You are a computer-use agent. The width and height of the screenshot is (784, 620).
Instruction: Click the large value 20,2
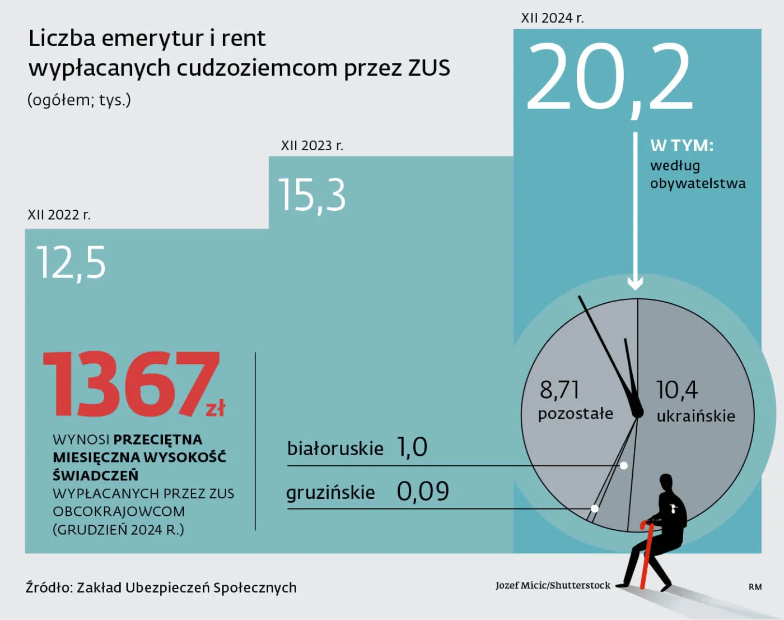click(x=609, y=77)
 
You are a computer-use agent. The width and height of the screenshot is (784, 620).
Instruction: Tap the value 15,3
click(x=312, y=196)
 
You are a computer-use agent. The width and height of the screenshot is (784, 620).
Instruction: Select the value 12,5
click(x=71, y=262)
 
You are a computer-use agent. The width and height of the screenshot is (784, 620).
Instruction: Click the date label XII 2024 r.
click(x=552, y=18)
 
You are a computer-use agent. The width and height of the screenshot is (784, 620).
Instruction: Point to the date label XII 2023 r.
click(x=312, y=146)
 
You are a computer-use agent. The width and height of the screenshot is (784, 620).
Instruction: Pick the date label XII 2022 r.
click(x=59, y=215)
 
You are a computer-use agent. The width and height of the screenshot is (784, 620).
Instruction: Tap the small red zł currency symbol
click(x=216, y=408)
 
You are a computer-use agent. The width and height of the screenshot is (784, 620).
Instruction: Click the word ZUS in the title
click(x=428, y=68)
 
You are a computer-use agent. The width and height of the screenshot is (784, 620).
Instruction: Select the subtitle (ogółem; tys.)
click(x=79, y=100)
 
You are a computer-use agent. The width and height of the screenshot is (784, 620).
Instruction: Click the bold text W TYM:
click(x=682, y=145)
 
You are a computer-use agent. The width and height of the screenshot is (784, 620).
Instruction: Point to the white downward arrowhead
click(x=635, y=283)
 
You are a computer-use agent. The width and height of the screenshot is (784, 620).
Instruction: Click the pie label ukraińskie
click(x=696, y=416)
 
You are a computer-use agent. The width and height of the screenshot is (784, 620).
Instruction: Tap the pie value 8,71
click(x=559, y=390)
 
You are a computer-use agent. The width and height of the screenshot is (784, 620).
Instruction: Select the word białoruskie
click(x=335, y=448)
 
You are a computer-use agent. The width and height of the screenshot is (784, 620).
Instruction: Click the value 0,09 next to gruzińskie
click(x=423, y=492)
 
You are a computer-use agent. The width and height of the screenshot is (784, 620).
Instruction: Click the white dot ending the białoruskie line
click(x=624, y=465)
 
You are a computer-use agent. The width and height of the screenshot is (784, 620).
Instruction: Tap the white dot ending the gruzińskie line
click(x=595, y=508)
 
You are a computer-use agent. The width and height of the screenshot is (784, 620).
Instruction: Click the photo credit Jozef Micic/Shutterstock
click(x=553, y=585)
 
